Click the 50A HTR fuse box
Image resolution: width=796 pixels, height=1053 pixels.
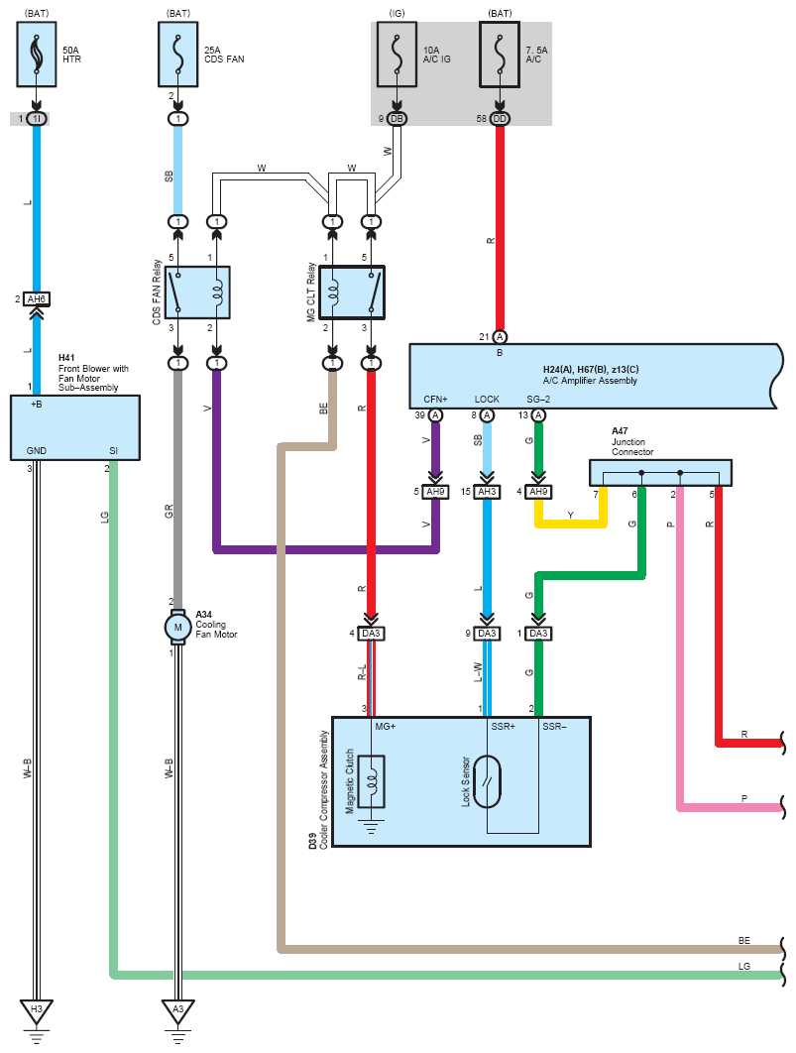pos(37,55)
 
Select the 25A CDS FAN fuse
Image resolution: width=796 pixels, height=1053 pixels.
pos(177,55)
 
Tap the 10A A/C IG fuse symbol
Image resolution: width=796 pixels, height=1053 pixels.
pos(397,55)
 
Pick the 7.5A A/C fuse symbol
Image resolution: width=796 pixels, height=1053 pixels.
pos(500,55)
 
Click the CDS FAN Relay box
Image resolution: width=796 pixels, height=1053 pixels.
pos(198,292)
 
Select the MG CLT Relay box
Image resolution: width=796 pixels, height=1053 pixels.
pos(352,292)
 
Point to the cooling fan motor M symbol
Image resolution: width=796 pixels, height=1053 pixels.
pos(177,628)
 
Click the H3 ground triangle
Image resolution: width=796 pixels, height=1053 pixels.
pos(37,1010)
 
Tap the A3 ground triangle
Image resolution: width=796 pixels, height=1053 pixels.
pos(177,1010)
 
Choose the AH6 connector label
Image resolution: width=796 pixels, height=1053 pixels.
pos(37,298)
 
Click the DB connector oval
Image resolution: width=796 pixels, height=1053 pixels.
pos(397,119)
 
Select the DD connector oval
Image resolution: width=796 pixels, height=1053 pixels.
pos(500,119)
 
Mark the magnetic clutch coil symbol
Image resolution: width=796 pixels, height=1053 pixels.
pos(371,781)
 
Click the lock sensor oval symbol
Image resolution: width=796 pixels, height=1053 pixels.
pos(488,781)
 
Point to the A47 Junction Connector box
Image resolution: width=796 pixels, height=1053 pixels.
pos(660,473)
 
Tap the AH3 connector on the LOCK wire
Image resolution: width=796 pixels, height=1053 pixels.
pos(488,492)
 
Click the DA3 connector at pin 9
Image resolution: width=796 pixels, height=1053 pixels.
pos(488,634)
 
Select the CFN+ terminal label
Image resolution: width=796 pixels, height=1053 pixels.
pos(435,400)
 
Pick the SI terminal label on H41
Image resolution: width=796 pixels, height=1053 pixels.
pos(113,450)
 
